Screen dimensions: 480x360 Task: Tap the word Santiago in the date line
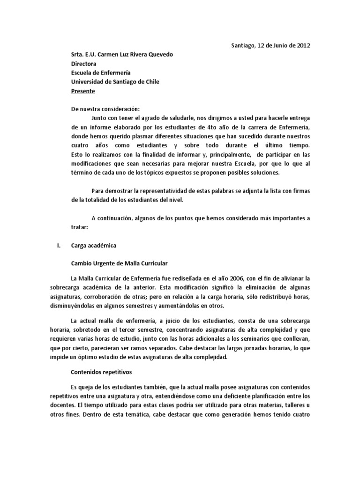[244, 45]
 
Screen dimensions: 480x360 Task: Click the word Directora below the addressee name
[84, 64]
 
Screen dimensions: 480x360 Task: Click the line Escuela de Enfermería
[101, 73]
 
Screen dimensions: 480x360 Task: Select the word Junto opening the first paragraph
[100, 118]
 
